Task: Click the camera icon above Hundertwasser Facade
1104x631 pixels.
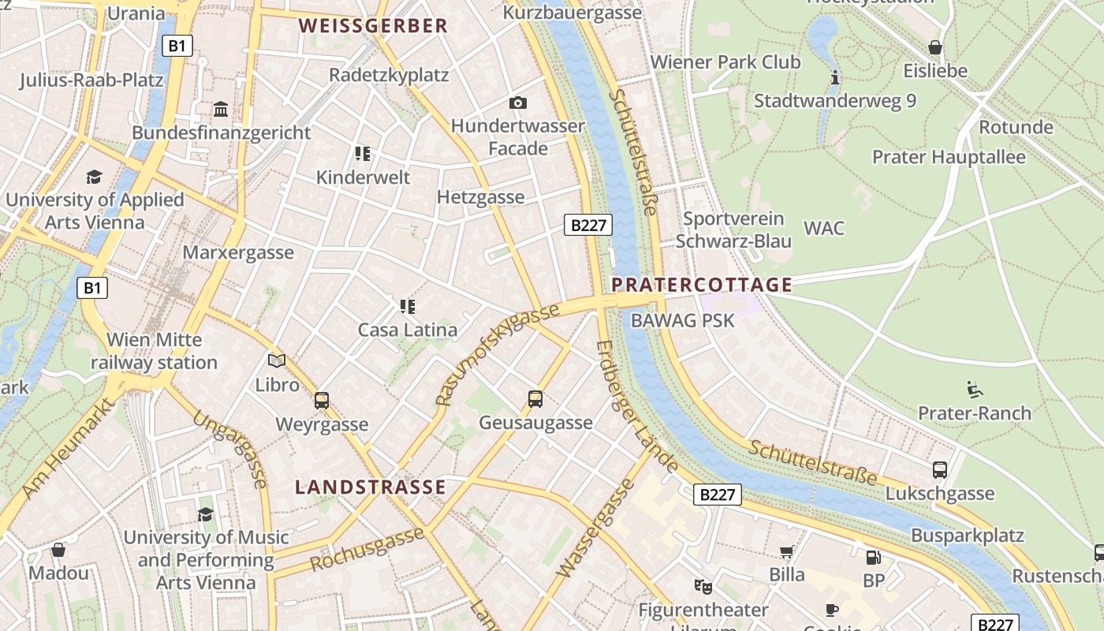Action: tap(517, 103)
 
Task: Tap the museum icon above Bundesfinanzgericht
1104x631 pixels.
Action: tap(221, 109)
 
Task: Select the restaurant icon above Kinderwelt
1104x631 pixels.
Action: tap(363, 153)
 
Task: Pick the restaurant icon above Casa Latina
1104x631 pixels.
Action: tap(407, 306)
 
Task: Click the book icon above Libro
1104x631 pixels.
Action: tap(277, 361)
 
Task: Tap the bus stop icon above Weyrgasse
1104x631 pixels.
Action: tap(322, 400)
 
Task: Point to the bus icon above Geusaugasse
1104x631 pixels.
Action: tap(535, 398)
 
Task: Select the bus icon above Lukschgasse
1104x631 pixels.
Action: tap(940, 469)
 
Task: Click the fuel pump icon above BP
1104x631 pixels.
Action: tap(874, 557)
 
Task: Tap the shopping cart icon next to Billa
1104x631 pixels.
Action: tap(786, 551)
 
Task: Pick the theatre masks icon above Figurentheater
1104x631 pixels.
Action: tap(703, 586)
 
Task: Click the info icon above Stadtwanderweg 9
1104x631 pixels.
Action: tap(835, 77)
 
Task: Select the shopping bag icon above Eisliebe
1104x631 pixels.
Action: tap(935, 47)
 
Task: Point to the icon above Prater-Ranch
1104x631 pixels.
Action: tap(975, 389)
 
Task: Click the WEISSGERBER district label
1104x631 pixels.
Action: tap(373, 26)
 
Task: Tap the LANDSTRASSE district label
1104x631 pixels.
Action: tap(371, 487)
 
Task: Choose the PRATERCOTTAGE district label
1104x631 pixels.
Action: tap(702, 285)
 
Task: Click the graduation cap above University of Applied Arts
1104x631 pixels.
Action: tap(95, 177)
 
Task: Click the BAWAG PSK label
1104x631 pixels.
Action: tap(683, 320)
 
